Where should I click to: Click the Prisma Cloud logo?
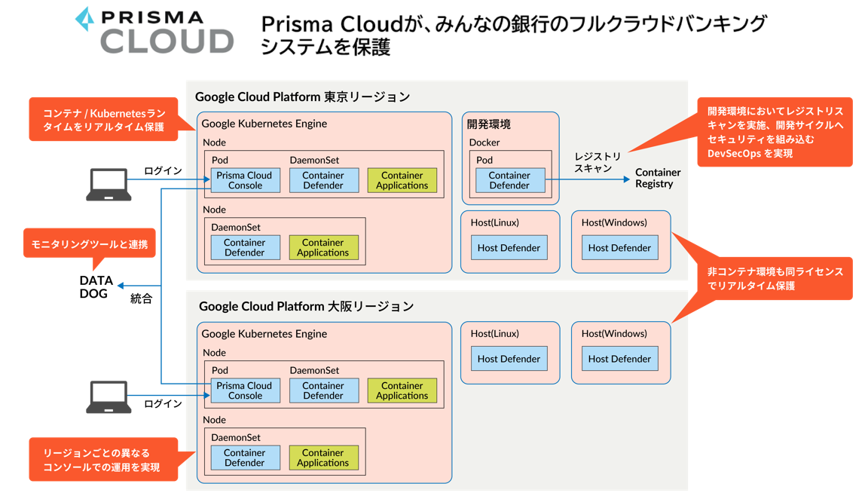[154, 31]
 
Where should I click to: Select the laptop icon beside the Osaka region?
[108, 397]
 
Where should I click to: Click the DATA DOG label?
[96, 286]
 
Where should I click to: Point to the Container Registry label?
[657, 178]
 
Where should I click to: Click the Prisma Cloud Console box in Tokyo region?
[245, 180]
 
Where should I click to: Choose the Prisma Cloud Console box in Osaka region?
[245, 390]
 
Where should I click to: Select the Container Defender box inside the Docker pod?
[509, 180]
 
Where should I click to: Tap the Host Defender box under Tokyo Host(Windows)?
[619, 247]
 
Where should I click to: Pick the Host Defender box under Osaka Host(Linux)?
[509, 359]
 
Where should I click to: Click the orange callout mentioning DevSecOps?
[775, 132]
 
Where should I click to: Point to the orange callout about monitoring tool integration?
[89, 243]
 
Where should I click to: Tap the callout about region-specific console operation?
[103, 459]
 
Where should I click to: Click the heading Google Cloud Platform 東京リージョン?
[302, 96]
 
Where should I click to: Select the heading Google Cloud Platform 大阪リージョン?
[306, 306]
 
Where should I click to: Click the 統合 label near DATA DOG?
[141, 299]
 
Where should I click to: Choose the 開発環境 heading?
[488, 124]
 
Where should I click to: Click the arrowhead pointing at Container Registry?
[626, 179]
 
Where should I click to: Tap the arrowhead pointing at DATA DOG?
[121, 286]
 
